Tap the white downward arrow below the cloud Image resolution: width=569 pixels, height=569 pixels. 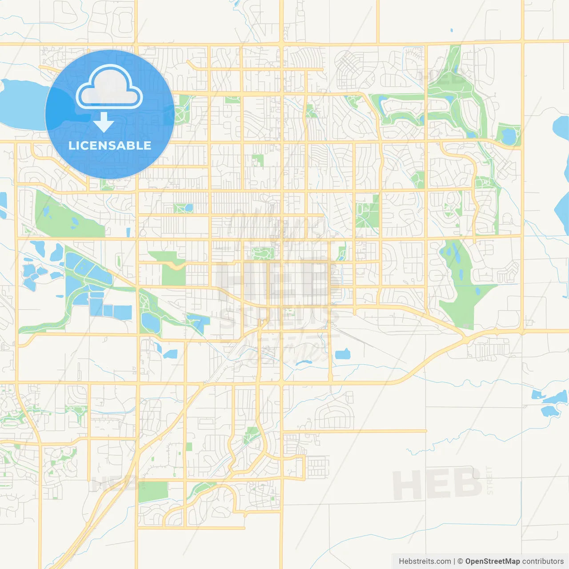pos(104,122)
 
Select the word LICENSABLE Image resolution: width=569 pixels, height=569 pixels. pos(110,145)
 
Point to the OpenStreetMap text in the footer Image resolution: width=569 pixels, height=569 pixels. pos(493,561)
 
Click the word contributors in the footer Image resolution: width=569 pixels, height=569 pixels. pos(543,561)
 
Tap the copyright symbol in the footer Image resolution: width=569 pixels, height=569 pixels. pos(461,561)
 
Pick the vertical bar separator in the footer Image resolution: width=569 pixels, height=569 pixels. pos(454,561)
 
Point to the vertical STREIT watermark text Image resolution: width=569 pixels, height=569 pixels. pos(489,480)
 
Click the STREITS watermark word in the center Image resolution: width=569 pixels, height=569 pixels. pos(280,317)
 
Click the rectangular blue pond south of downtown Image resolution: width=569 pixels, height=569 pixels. pos(342,354)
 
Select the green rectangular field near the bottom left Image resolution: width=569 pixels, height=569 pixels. pos(153,492)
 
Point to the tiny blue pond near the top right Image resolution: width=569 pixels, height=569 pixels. pos(452,30)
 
